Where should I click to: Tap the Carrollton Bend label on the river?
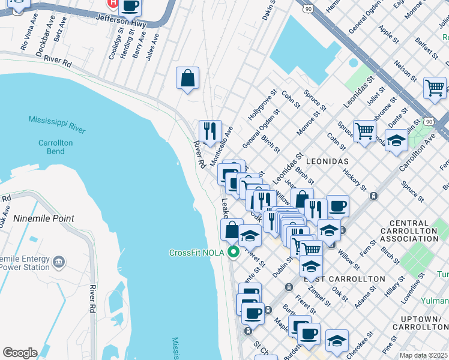click(x=55, y=147)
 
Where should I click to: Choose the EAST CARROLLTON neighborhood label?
click(x=344, y=279)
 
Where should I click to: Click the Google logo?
click(x=20, y=353)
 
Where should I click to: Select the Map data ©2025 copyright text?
click(x=424, y=355)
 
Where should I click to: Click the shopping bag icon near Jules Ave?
click(x=187, y=78)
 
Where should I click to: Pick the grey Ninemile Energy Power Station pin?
click(x=59, y=262)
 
